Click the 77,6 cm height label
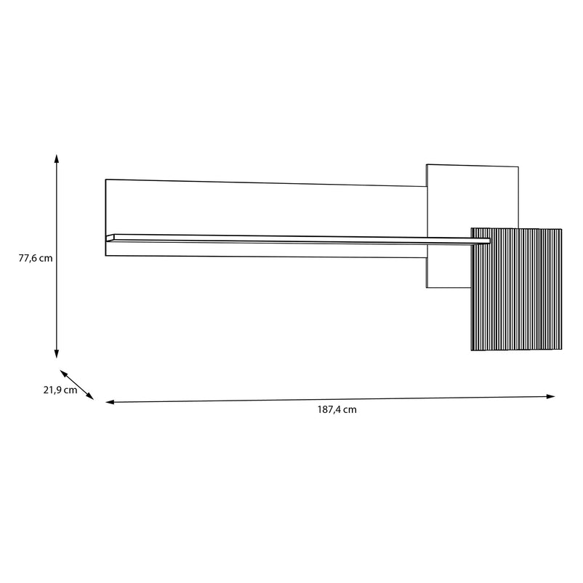tap(36, 258)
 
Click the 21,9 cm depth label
tap(60, 390)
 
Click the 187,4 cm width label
tap(337, 410)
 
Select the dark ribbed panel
tap(516, 289)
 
